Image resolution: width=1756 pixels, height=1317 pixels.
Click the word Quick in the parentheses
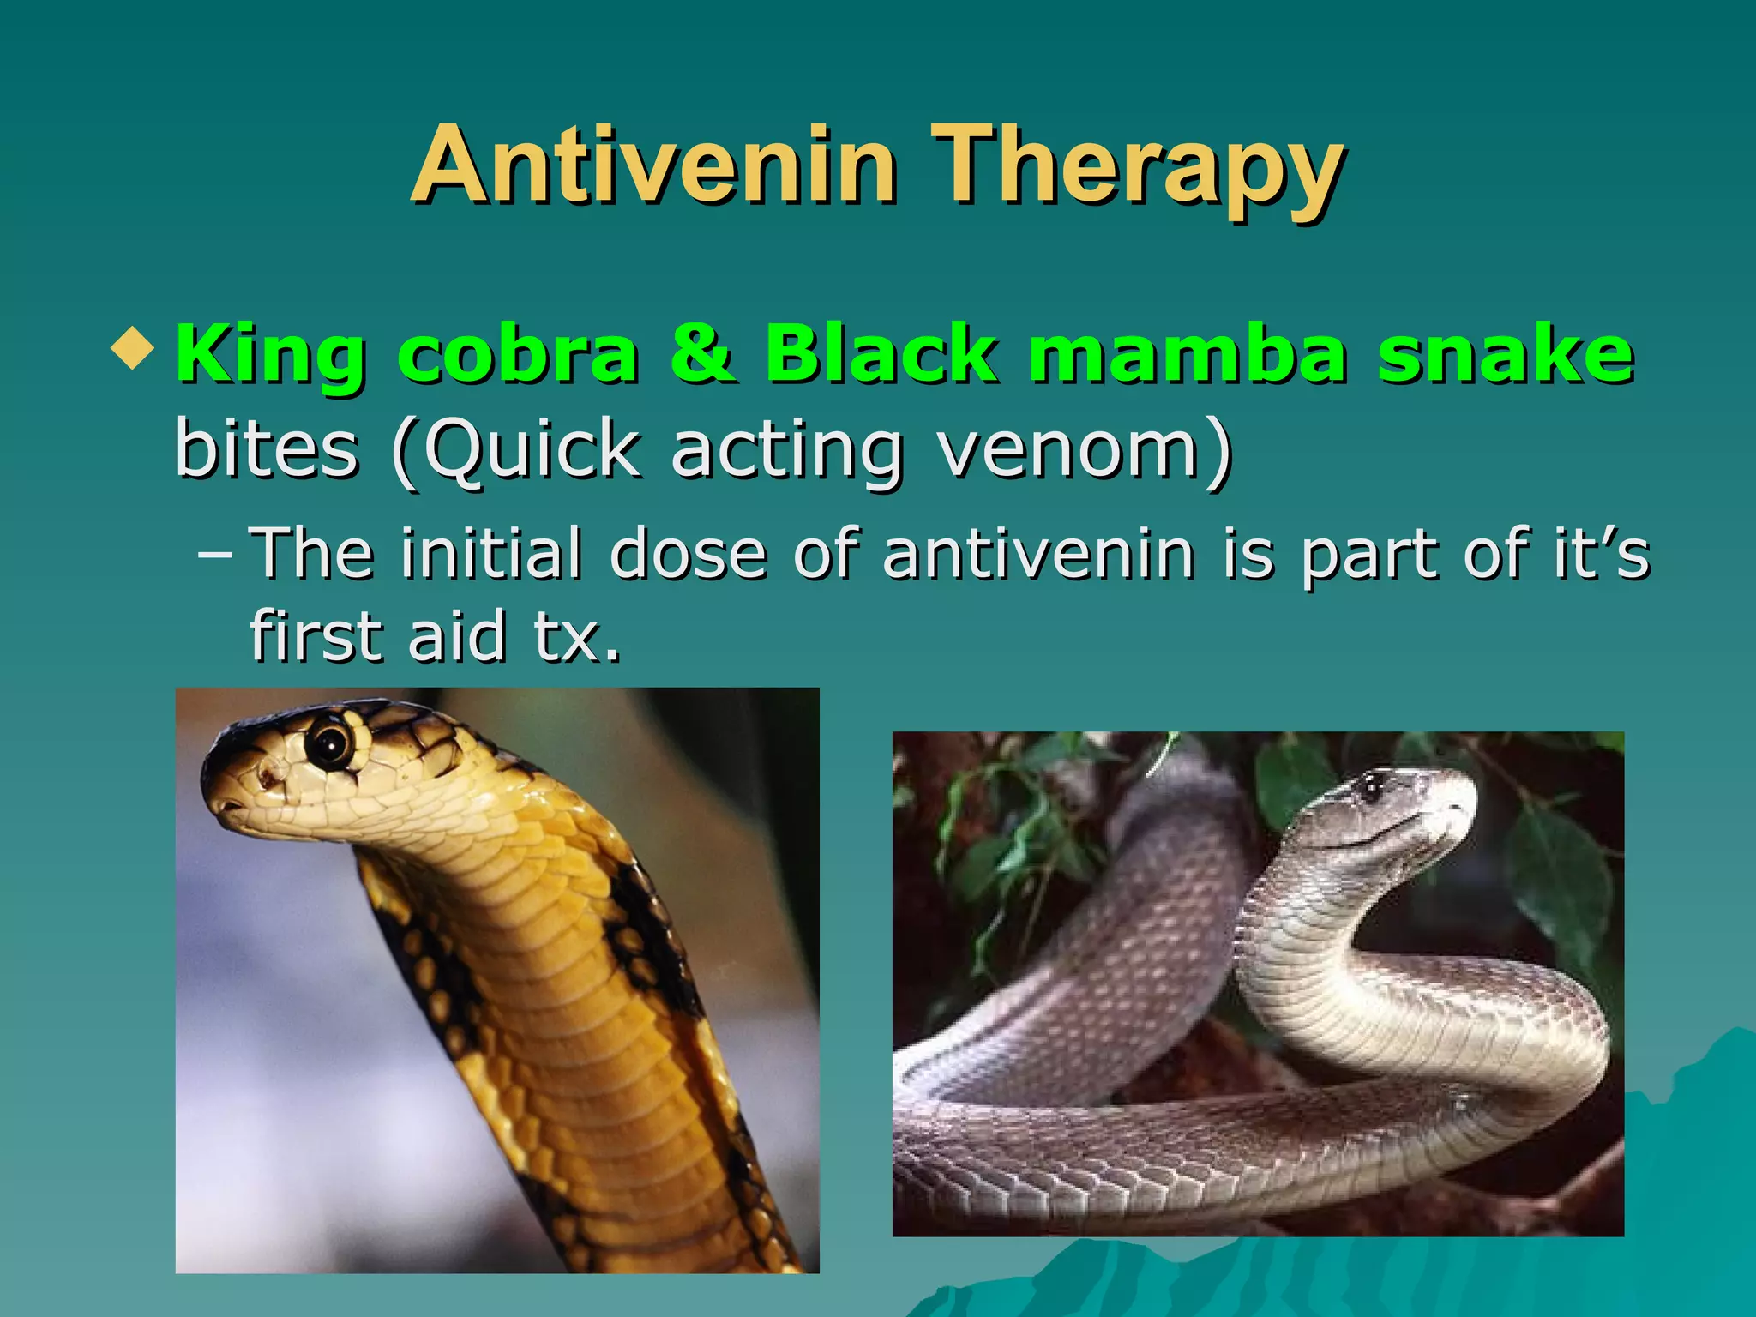pos(532,450)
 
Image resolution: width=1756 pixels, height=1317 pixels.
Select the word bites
pos(266,448)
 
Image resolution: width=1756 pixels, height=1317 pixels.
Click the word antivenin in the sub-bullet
pos(1038,554)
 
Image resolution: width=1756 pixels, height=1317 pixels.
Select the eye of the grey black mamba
pos(1371,785)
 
